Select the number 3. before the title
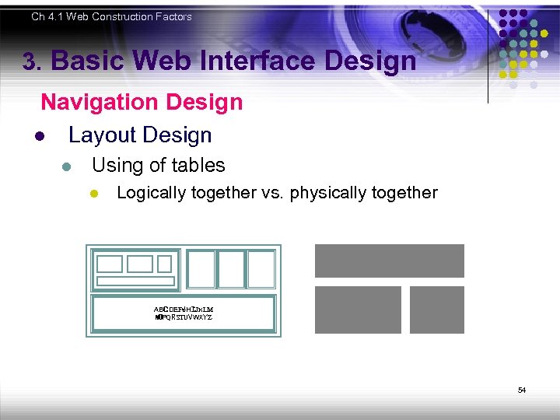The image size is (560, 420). click(31, 62)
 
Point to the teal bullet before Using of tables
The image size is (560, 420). click(67, 166)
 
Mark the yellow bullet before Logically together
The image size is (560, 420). click(93, 193)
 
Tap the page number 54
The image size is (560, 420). click(522, 390)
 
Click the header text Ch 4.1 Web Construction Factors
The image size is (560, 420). click(111, 16)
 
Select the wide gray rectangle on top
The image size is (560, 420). click(389, 261)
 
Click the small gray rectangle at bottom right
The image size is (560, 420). click(436, 310)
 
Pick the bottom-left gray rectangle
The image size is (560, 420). click(358, 310)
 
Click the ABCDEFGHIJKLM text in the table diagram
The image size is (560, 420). click(184, 309)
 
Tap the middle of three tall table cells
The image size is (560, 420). click(230, 269)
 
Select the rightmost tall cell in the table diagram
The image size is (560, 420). click(261, 269)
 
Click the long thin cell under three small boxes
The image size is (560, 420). click(135, 281)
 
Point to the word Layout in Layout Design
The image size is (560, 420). click(102, 135)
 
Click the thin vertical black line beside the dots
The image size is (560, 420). click(488, 54)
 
